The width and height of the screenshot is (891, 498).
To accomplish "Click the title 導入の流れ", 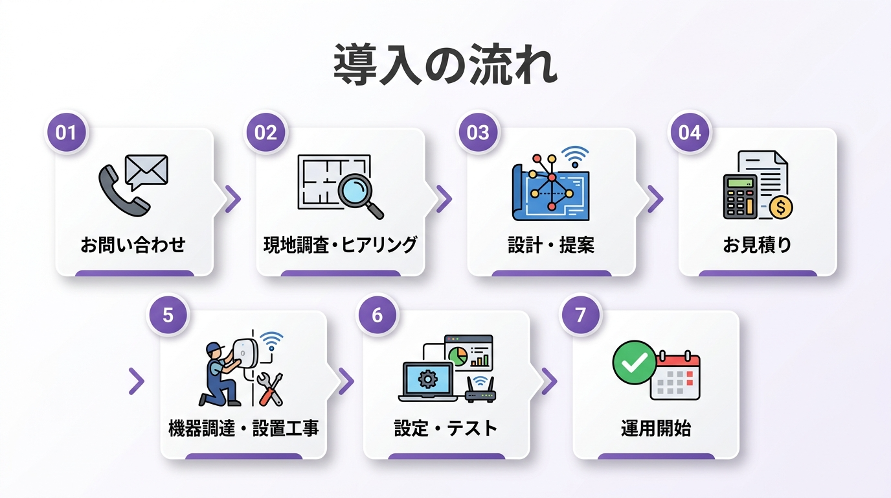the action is [x=445, y=65].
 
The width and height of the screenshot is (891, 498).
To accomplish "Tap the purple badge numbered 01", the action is [x=66, y=132].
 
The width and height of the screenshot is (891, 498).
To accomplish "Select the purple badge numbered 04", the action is [x=690, y=132].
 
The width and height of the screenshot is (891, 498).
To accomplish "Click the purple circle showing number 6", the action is [x=377, y=315].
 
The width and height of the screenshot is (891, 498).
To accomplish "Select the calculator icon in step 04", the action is [x=740, y=196].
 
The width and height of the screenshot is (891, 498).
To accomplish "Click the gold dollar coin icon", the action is [x=781, y=207].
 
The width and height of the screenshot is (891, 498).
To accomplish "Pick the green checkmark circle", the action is [x=635, y=362].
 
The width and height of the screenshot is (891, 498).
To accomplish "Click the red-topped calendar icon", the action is [x=675, y=375].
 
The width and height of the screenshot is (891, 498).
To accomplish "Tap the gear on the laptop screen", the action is [x=427, y=379].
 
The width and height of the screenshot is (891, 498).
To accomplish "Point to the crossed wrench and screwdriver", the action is [x=270, y=389].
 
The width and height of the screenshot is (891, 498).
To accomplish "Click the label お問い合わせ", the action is [x=133, y=244].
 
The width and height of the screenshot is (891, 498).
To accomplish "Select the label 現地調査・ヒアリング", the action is [x=340, y=244].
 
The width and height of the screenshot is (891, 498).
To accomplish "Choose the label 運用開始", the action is [x=656, y=428].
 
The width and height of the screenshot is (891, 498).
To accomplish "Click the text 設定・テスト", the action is [x=446, y=428].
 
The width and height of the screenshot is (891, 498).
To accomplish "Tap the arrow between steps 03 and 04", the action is [x=655, y=198].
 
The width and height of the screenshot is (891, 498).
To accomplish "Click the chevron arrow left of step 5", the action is [x=137, y=381].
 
